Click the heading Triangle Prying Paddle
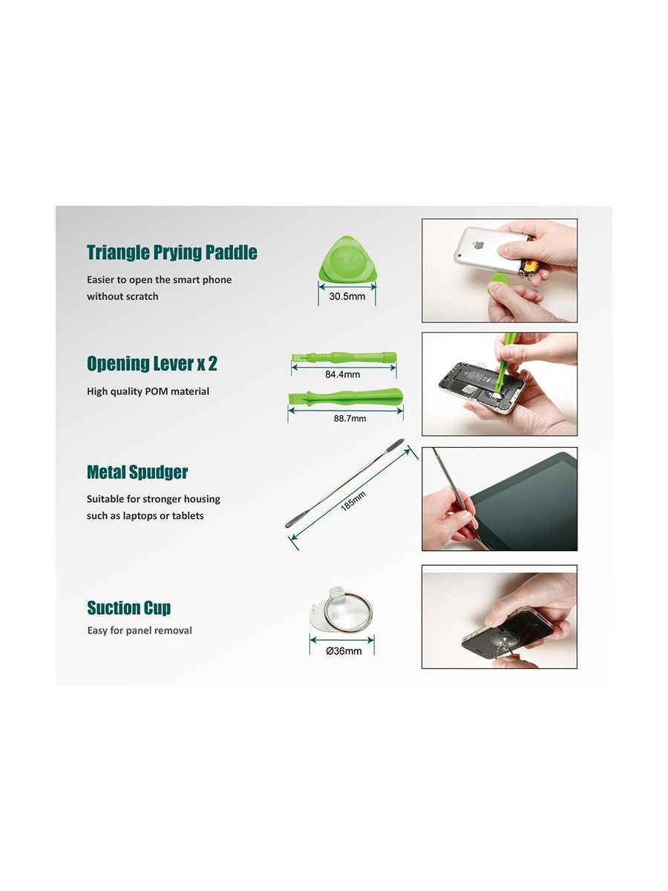[172, 252]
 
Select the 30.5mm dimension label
[347, 296]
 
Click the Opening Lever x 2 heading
[152, 363]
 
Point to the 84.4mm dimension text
[343, 375]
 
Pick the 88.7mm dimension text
[350, 419]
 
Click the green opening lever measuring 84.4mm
[344, 358]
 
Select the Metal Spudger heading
[137, 472]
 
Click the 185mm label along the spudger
[353, 501]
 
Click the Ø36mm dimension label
[344, 651]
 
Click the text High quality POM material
[148, 392]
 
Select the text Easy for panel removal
[140, 630]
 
